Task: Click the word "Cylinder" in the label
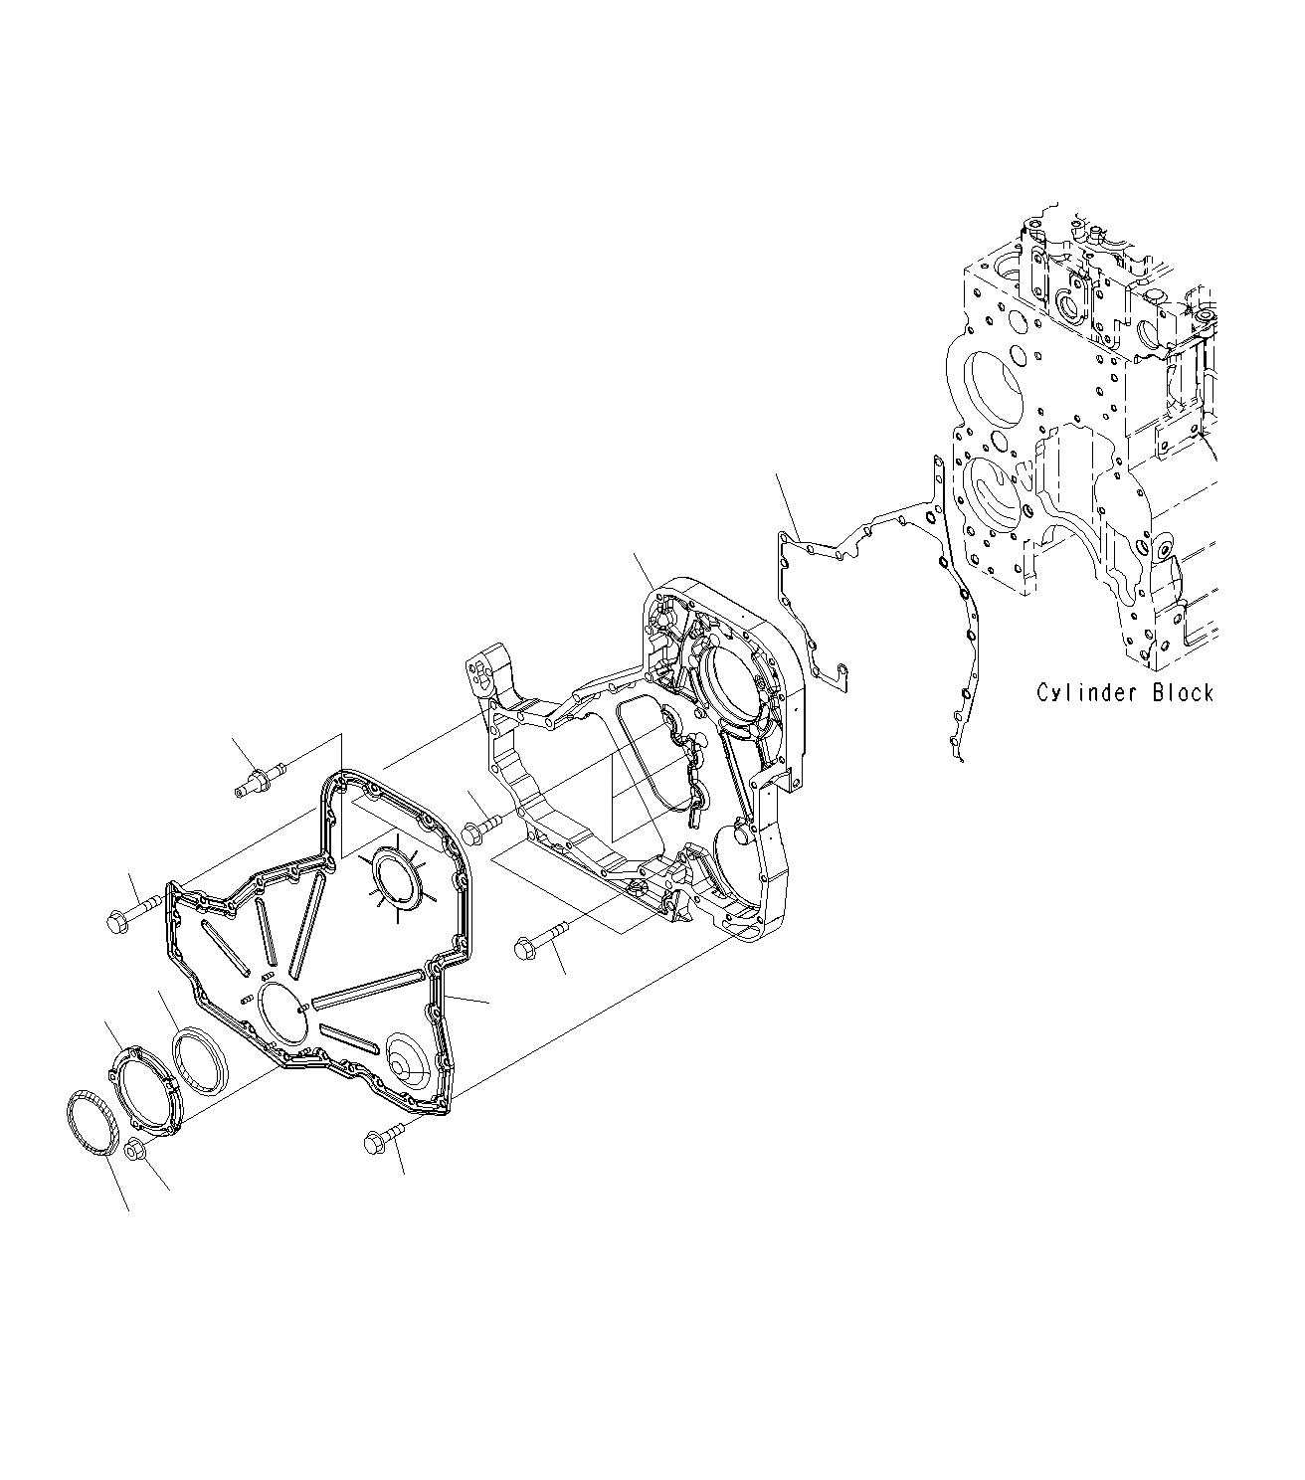[x=1088, y=692]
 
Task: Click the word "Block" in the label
[x=1183, y=692]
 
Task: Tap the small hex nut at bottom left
[x=137, y=1151]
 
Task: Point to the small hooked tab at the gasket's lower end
[x=958, y=757]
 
